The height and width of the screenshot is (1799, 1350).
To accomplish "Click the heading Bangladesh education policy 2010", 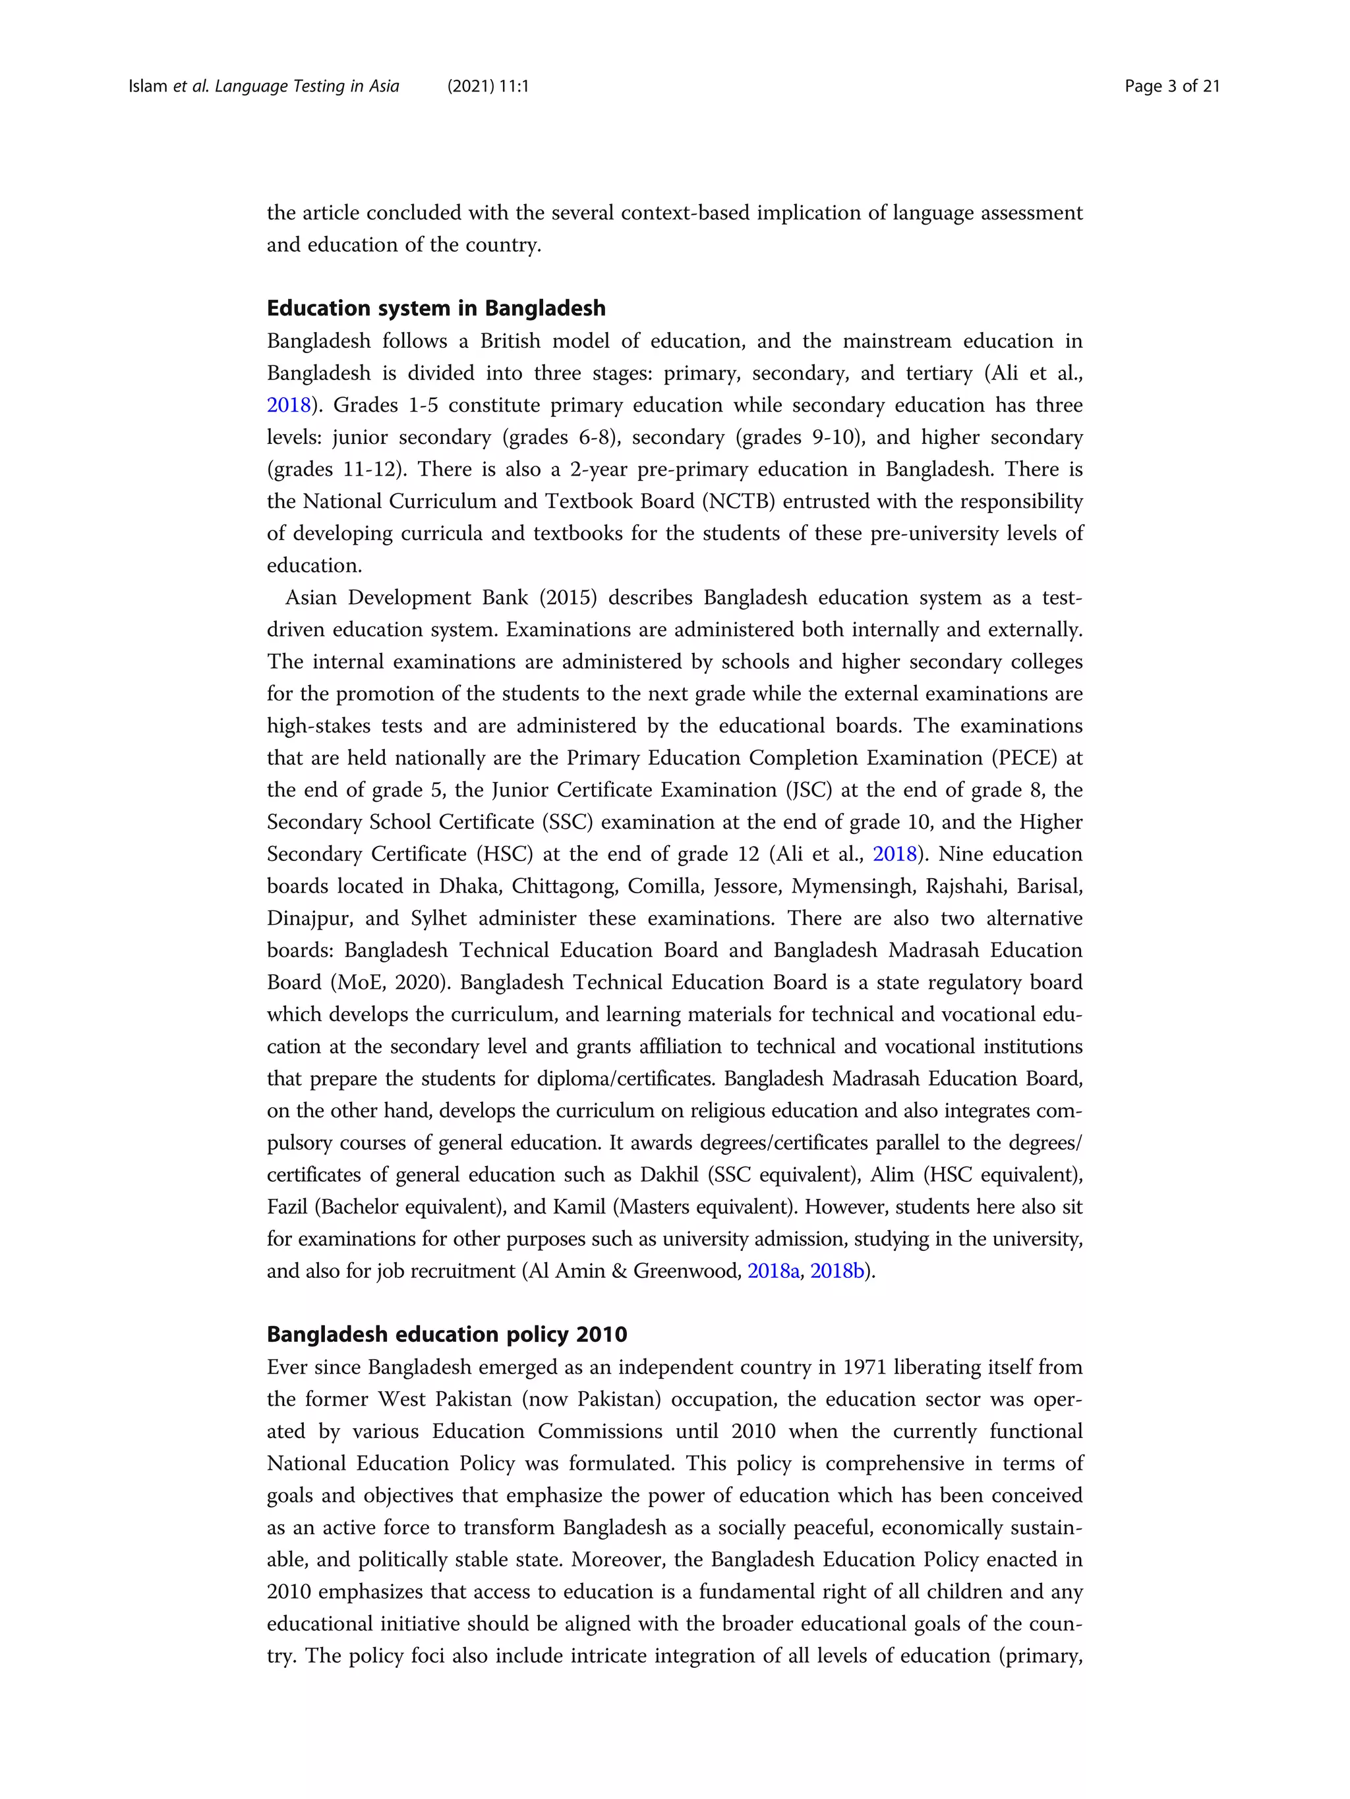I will pyautogui.click(x=447, y=1335).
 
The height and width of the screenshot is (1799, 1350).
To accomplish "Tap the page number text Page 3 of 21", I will pyautogui.click(x=1172, y=86).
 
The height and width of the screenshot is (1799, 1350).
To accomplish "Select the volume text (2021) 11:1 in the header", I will pyautogui.click(x=488, y=86).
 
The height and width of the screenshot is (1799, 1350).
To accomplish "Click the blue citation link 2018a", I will pyautogui.click(x=773, y=1271).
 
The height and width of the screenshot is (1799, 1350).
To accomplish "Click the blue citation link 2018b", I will pyautogui.click(x=837, y=1271).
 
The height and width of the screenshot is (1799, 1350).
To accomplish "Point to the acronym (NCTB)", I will pyautogui.click(x=739, y=502).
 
